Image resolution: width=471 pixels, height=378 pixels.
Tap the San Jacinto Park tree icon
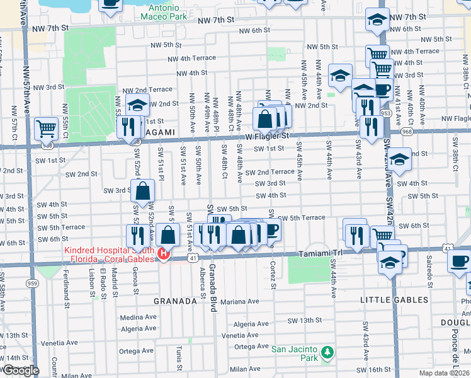tap(326, 351)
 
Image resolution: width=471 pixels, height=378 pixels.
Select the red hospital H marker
tap(164, 254)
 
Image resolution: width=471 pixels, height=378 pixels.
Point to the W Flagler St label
tap(267, 135)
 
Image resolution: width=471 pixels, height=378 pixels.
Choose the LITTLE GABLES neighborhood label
tap(394, 300)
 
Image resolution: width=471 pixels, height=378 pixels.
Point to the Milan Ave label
tap(245, 369)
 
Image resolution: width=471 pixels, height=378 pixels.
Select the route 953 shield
tap(386, 113)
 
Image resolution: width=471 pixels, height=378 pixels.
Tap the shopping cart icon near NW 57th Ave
tap(46, 128)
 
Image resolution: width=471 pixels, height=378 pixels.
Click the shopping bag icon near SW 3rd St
tap(144, 190)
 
